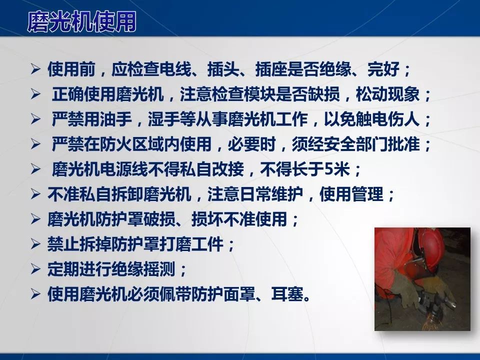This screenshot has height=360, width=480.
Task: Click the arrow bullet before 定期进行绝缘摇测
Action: point(35,269)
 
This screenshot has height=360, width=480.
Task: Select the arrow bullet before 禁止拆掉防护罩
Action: point(35,244)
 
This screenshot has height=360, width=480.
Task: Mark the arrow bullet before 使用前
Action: point(35,70)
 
